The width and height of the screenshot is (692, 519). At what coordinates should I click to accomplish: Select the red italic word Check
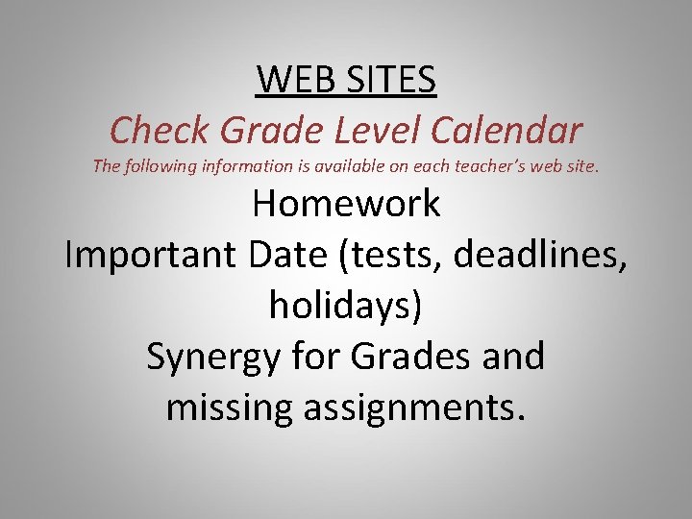tap(156, 129)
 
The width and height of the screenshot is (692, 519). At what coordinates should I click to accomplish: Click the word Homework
tap(346, 204)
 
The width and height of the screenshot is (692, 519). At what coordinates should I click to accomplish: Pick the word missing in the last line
tap(228, 408)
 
